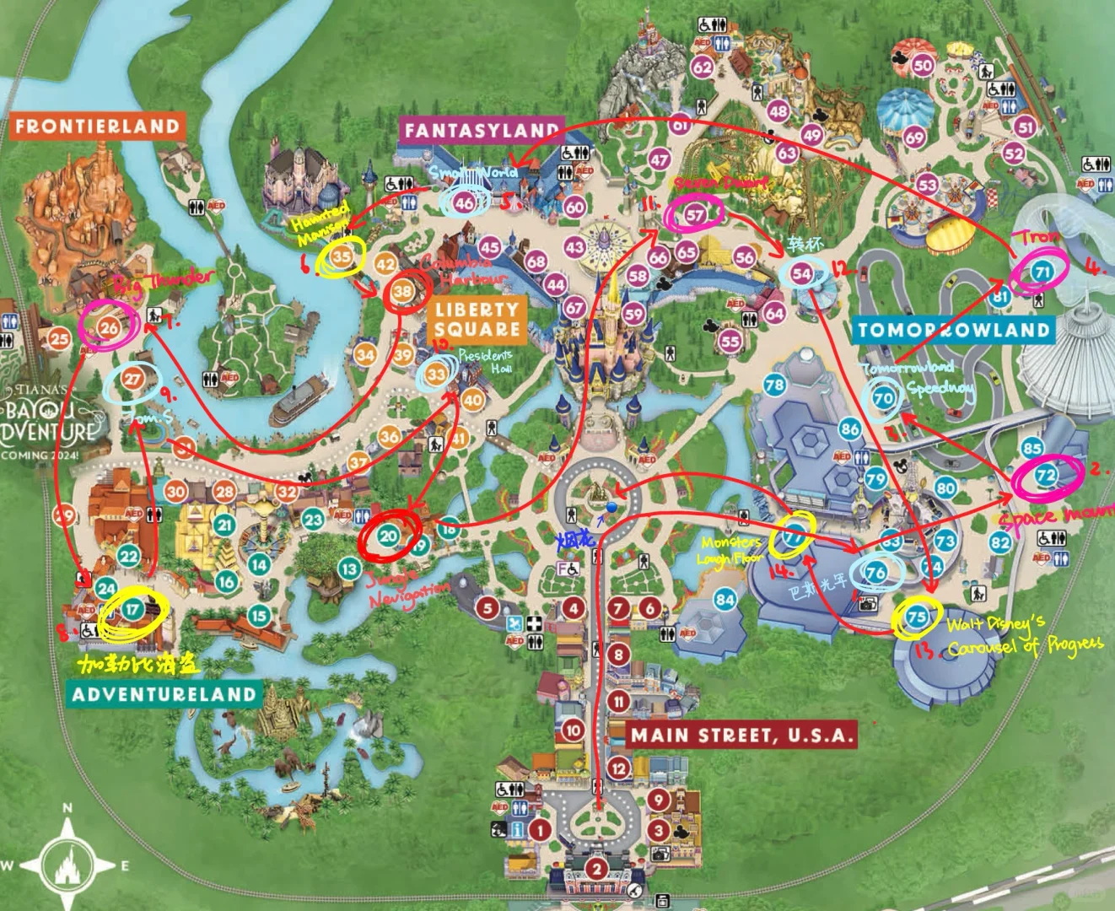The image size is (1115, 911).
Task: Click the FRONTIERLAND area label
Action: point(98,127)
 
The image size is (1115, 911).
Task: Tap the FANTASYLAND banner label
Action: point(481,130)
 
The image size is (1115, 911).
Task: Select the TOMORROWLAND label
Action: point(954,330)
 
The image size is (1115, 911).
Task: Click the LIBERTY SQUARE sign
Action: point(477,320)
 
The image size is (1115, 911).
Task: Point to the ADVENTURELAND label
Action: point(164,694)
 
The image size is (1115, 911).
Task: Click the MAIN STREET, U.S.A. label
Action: point(743,735)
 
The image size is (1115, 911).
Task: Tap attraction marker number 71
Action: point(1042,272)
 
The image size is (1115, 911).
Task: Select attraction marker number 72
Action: point(1046,476)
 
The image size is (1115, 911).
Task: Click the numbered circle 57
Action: point(694,214)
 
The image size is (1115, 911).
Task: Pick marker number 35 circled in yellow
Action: point(342,256)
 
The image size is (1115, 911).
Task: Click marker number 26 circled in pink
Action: point(109,327)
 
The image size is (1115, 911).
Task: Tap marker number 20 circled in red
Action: point(388,535)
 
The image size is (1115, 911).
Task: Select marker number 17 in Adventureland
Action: point(132,609)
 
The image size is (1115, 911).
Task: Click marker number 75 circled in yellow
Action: point(917,617)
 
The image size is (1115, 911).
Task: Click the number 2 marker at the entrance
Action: point(596,869)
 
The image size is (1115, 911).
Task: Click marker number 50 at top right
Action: point(924,65)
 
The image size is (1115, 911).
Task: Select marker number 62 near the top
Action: point(702,67)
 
